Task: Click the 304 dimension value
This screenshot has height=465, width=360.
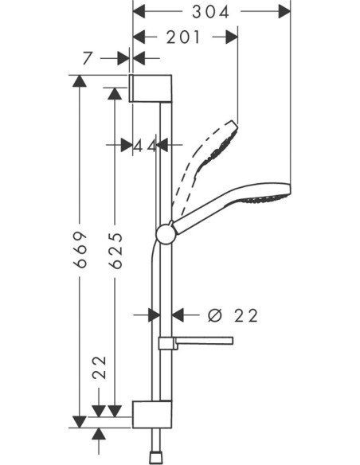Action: pyautogui.click(x=211, y=11)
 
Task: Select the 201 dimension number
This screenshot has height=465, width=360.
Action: pyautogui.click(x=185, y=37)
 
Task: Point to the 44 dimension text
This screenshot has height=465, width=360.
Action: pyautogui.click(x=143, y=145)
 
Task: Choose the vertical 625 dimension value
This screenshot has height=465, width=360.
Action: pyautogui.click(x=115, y=250)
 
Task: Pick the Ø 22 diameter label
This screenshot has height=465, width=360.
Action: pyautogui.click(x=233, y=315)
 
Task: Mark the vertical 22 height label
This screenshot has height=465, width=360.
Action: pyautogui.click(x=99, y=368)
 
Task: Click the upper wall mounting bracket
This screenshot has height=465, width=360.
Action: pyautogui.click(x=150, y=88)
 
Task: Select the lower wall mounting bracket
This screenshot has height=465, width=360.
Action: pyautogui.click(x=151, y=413)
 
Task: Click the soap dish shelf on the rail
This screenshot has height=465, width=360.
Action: pyautogui.click(x=196, y=342)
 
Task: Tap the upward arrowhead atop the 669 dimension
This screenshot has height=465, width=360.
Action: pyautogui.click(x=79, y=80)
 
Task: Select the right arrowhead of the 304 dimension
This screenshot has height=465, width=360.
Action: pyautogui.click(x=284, y=11)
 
